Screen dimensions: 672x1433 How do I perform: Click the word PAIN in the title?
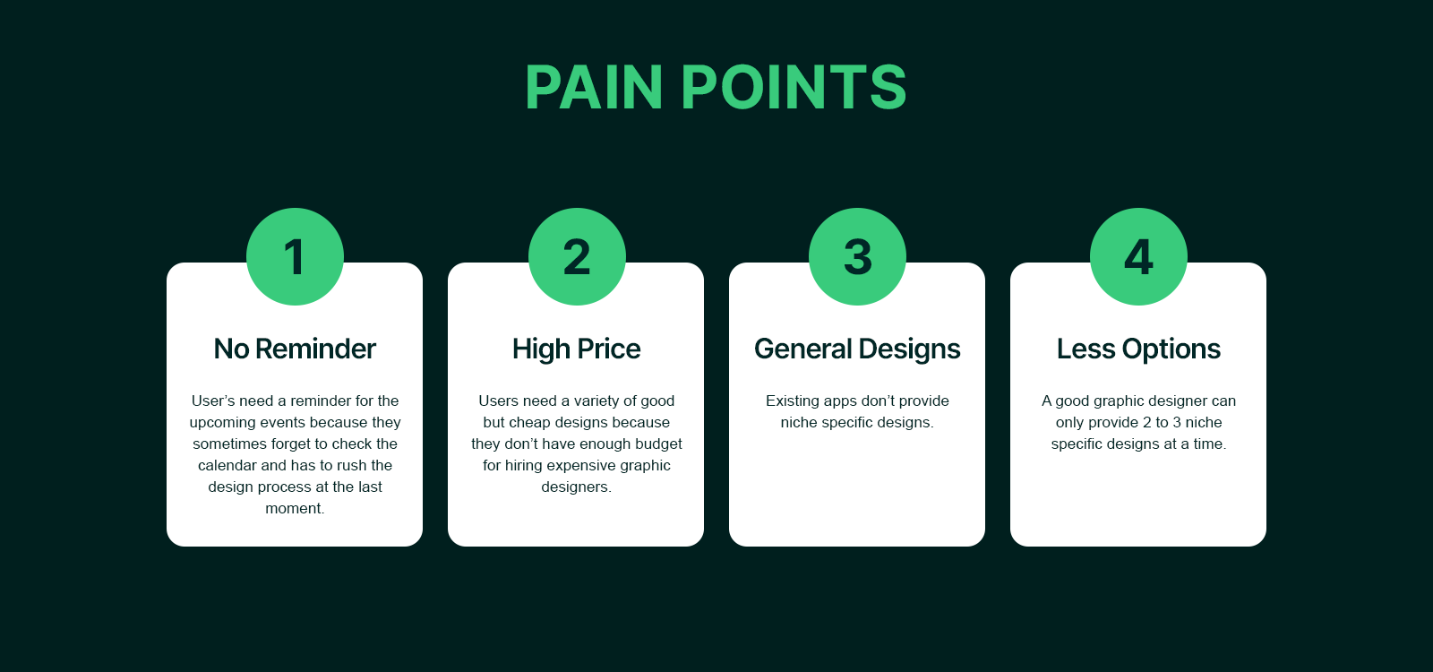[594, 88]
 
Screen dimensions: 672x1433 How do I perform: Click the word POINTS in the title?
[794, 88]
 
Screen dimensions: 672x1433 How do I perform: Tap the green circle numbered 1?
[295, 257]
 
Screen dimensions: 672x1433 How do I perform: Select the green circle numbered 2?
[577, 257]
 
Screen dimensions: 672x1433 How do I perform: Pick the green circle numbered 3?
[857, 257]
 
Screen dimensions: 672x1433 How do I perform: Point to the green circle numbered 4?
[1138, 257]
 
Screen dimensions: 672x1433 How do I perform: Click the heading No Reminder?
[295, 349]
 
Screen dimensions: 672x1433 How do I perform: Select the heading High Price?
[576, 349]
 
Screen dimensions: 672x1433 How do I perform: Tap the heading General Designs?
[857, 349]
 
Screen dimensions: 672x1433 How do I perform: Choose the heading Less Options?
[1138, 349]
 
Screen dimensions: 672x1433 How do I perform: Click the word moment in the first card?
[294, 509]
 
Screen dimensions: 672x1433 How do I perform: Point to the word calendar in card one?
[227, 466]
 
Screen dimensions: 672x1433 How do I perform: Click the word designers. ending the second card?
[576, 487]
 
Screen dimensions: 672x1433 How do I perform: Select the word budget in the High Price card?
[658, 444]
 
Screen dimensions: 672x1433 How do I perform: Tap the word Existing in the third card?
[792, 401]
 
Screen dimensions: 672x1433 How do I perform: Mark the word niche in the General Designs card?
[799, 423]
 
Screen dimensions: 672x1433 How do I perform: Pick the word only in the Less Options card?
[1070, 423]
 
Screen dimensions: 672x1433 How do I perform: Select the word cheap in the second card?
[529, 423]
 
